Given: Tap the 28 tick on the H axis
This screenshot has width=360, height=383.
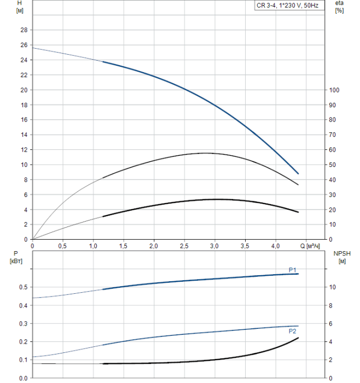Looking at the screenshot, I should [24, 30].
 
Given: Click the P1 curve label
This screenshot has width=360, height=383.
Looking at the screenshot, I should [293, 269].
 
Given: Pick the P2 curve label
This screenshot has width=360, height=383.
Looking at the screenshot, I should [293, 331].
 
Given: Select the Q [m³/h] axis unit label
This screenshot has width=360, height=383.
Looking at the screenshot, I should [313, 246].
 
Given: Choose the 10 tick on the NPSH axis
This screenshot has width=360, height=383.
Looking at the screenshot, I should [333, 287].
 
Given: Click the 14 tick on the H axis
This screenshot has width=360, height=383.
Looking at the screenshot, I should [24, 135].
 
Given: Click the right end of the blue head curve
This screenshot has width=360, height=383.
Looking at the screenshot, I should [298, 173].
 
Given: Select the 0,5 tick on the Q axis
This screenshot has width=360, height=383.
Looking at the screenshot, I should [63, 246].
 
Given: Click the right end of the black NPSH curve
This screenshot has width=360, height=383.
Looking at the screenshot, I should [298, 338].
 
